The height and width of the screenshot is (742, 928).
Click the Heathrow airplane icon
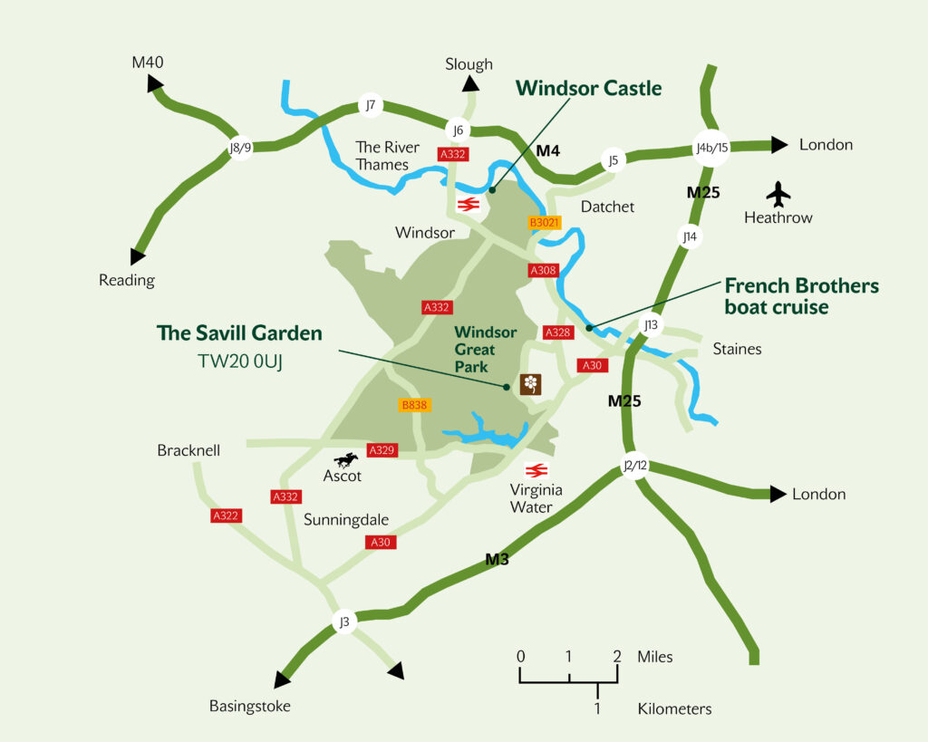tap(778, 193)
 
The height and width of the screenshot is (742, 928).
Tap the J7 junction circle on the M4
tap(370, 105)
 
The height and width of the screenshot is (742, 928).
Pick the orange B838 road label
tap(413, 405)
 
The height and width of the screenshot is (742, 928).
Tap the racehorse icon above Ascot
tap(345, 460)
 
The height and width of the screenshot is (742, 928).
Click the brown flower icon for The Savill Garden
tap(530, 384)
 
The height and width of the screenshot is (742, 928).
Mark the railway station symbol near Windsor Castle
tap(468, 204)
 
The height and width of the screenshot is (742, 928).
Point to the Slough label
tap(469, 64)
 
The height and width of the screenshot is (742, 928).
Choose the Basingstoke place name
tap(250, 706)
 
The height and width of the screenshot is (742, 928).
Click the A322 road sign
tap(226, 516)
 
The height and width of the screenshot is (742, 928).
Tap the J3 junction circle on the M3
tap(343, 622)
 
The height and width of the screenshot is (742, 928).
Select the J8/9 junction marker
tap(240, 148)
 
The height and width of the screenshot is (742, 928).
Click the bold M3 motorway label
tap(497, 559)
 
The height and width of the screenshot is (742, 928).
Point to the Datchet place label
tap(607, 207)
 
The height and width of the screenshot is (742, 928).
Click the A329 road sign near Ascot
tap(382, 449)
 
